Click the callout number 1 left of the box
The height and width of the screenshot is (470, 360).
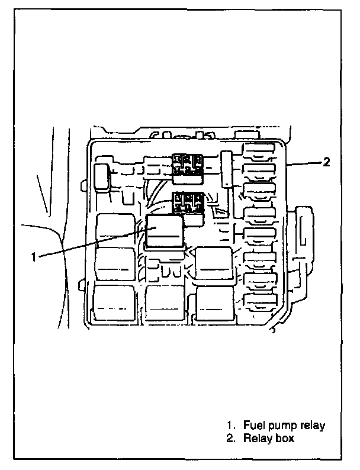tap(35, 256)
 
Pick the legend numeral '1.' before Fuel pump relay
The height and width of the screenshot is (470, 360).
tap(230, 426)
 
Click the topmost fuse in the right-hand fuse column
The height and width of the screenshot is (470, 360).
tap(259, 154)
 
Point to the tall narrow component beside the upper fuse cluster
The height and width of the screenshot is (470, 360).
tap(227, 169)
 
